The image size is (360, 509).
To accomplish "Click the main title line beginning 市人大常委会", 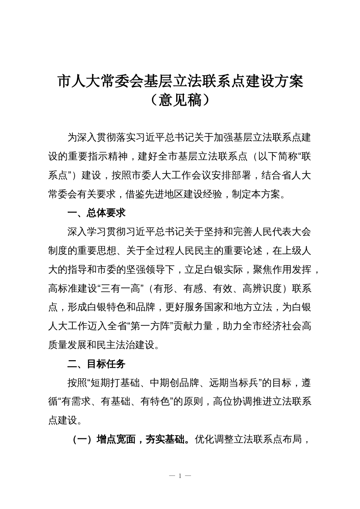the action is point(180,81).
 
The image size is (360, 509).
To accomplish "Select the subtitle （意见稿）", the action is point(180,100).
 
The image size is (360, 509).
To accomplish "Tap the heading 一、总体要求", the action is point(96,213).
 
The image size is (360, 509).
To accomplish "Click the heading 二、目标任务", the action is point(96,364).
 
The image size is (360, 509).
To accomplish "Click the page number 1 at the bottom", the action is point(180,476).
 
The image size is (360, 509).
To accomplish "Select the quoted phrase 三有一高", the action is point(121,289).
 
